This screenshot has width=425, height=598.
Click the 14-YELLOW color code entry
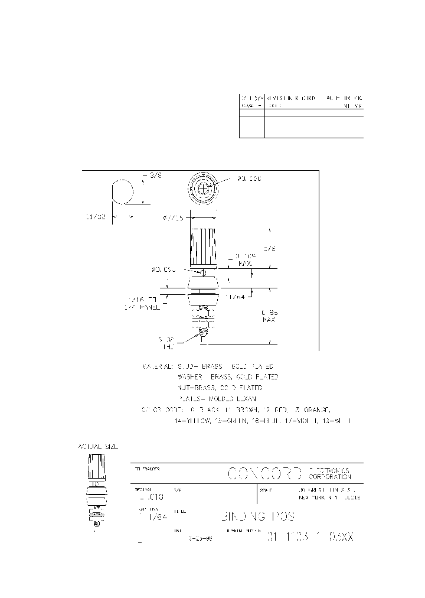click(194, 421)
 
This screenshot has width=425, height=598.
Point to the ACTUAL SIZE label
click(98, 447)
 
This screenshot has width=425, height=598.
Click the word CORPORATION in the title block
click(330, 477)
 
